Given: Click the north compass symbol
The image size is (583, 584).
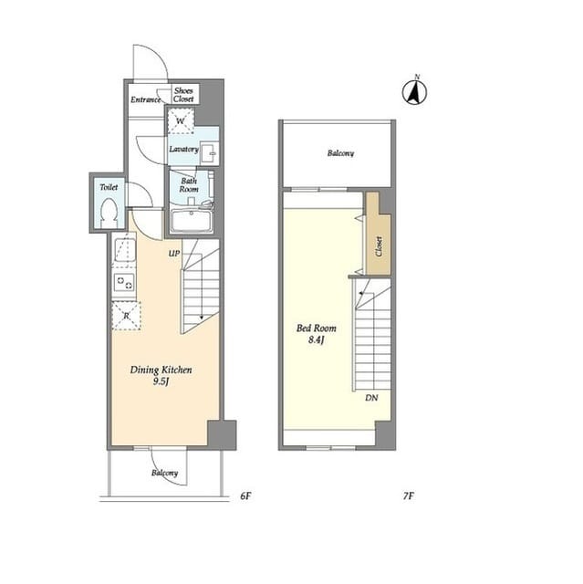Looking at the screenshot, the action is click(414, 91).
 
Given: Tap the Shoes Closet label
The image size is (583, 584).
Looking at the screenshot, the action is click(183, 95).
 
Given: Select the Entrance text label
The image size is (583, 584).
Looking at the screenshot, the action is click(146, 99).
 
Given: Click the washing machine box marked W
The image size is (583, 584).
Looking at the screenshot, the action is click(181, 120).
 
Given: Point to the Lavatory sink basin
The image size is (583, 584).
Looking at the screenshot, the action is click(210, 152).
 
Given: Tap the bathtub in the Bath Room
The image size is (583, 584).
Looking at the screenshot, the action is click(192, 221).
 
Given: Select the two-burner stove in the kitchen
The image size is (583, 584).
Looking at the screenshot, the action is click(124, 283).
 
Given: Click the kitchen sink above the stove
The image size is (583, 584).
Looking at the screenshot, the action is click(125, 250).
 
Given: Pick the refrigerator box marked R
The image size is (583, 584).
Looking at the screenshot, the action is click(127, 316).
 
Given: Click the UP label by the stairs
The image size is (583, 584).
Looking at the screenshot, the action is click(174, 254).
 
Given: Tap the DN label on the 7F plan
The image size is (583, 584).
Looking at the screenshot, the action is click(371, 398).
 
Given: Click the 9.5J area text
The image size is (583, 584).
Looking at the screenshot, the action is click(161, 381).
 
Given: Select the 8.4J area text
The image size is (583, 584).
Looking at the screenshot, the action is click(317, 340).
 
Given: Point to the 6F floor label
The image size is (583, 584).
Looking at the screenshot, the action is click(245, 495).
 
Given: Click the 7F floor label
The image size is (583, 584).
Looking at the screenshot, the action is click(409, 495).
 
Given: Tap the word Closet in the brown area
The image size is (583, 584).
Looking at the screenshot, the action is click(379, 246).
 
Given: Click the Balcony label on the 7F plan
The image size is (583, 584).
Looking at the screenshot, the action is click(340, 153).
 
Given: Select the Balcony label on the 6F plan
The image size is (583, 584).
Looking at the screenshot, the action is click(164, 473).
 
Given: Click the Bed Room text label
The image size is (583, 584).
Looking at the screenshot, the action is click(317, 328).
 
